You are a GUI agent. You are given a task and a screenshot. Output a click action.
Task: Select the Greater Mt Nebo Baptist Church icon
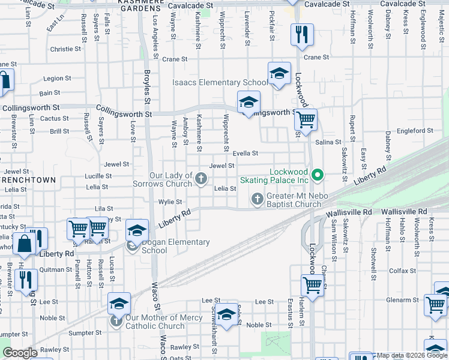tap(258, 198)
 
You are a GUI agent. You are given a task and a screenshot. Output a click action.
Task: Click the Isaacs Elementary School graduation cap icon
tap(279, 74)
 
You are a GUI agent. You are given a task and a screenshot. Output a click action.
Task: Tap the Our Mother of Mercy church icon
tap(118, 322)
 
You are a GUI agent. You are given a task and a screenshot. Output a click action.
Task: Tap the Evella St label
tap(246, 153)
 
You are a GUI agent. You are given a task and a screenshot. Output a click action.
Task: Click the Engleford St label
tap(414, 130)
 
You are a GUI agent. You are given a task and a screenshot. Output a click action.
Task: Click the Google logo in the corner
tap(20, 353)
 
